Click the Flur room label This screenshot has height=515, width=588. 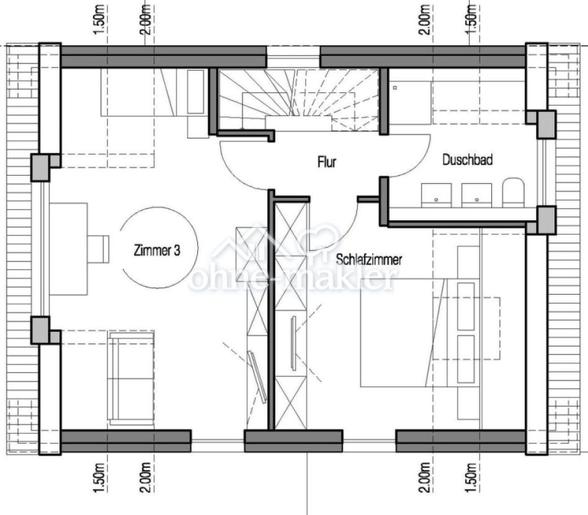tap(326, 163)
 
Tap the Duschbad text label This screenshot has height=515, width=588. tap(467, 160)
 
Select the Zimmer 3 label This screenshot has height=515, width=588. tap(157, 251)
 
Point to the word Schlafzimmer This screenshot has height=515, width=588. tap(369, 260)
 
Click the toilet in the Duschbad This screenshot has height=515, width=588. tap(514, 193)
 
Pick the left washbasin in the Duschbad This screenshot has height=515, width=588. tap(437, 194)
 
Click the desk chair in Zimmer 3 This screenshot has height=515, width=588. tap(99, 247)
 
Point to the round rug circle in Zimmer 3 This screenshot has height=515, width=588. tap(159, 248)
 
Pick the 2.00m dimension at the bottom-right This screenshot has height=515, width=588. tap(424, 476)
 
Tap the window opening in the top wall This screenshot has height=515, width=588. tap(293, 56)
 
